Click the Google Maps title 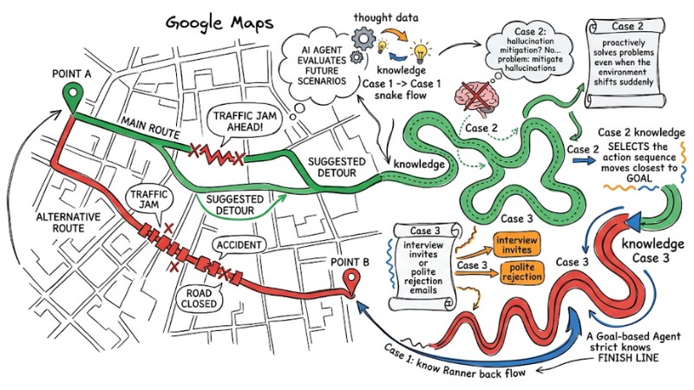pyautogui.click(x=219, y=23)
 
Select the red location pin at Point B pyautogui.click(x=352, y=283)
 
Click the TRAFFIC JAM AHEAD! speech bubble pyautogui.click(x=245, y=123)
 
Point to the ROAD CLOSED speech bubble pyautogui.click(x=199, y=298)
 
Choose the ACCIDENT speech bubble pyautogui.click(x=239, y=245)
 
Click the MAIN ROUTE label pyautogui.click(x=151, y=127)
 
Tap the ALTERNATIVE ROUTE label pyautogui.click(x=69, y=223)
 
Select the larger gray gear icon pyautogui.click(x=363, y=38)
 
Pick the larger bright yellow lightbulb pyautogui.click(x=420, y=51)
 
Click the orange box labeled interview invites pyautogui.click(x=516, y=244)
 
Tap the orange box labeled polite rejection pyautogui.click(x=522, y=272)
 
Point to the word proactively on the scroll pyautogui.click(x=624, y=42)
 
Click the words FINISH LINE pyautogui.click(x=628, y=358)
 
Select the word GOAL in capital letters pyautogui.click(x=639, y=179)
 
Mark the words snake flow pyautogui.click(x=401, y=95)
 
